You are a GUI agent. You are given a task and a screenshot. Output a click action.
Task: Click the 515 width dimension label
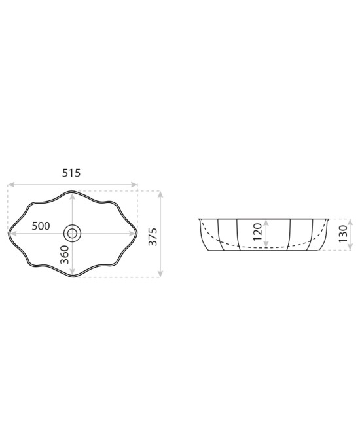tap(71, 173)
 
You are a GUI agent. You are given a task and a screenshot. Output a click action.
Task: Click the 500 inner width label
tap(41, 226)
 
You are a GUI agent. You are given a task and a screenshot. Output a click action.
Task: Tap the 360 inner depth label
tap(65, 255)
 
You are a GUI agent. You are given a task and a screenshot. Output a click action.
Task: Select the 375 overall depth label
tap(153, 237)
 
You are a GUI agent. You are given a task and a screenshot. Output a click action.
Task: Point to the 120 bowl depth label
tap(257, 232)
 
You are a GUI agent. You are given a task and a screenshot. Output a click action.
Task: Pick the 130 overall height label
tap(343, 234)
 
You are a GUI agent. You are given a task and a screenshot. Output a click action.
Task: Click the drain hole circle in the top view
tap(72, 233)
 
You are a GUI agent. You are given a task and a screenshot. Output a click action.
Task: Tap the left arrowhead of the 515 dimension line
tap(11, 185)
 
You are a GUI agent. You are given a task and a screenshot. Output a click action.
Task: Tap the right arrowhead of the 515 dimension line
tap(134, 185)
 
